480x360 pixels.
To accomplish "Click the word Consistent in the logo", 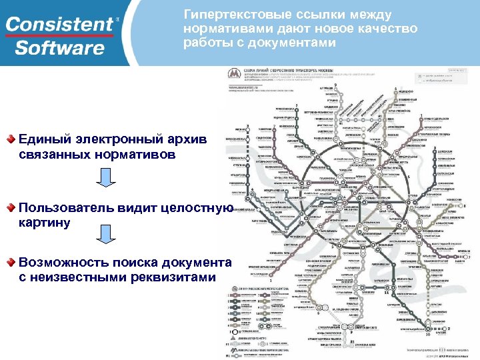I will [x=59, y=25].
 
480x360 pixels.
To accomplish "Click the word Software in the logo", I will [x=59, y=48].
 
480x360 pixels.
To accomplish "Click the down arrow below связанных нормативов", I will [x=106, y=177].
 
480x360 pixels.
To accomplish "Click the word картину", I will [x=45, y=223].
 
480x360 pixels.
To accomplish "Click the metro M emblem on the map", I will [x=234, y=74].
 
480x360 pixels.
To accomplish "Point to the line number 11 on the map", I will [x=385, y=292].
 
